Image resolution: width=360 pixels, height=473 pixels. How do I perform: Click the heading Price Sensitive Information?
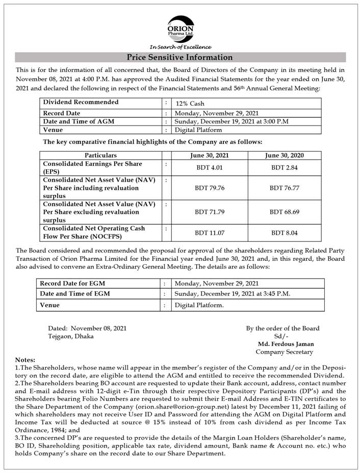tap(179, 57)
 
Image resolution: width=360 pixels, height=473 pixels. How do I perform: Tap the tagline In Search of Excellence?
tap(180, 47)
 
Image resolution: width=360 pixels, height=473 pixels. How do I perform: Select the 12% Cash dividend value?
tap(190, 104)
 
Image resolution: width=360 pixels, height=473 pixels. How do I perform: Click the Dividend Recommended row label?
tap(81, 102)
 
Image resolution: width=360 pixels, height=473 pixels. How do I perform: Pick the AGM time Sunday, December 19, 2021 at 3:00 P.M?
tap(232, 121)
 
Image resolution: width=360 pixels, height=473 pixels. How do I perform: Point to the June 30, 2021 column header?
tap(210, 155)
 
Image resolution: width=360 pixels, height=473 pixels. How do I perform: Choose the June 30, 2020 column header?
tap(285, 155)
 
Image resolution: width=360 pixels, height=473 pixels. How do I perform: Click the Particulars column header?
tap(100, 155)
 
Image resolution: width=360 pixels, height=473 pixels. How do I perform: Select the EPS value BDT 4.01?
tap(210, 168)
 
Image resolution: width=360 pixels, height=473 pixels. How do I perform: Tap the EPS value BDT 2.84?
tap(285, 168)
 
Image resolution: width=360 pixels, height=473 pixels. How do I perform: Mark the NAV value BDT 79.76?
tap(210, 188)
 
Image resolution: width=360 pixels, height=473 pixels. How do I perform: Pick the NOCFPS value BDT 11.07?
tap(210, 233)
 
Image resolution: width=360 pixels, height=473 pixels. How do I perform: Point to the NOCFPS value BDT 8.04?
tap(285, 233)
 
